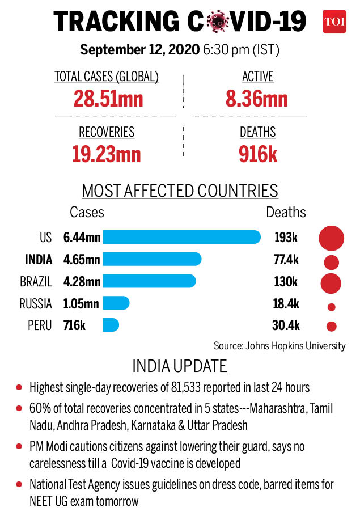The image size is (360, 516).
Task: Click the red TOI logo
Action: coord(334,22)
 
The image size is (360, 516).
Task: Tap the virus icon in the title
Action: coord(217,22)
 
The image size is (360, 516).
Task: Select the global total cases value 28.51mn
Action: coord(108,99)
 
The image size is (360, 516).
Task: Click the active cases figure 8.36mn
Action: coord(256,99)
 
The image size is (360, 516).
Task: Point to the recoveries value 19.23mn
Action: coord(106,154)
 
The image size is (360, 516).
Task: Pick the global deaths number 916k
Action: coord(258,154)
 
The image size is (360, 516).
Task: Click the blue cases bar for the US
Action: coord(181,237)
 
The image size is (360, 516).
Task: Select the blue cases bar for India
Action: coord(152,259)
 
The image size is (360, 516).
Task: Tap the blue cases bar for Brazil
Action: coord(149,281)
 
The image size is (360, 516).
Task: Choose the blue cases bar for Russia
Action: coord(116,303)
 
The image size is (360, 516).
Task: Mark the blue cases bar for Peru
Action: coord(111,325)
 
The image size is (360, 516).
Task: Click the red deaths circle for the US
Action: coord(332,238)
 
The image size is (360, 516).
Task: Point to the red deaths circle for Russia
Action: coord(332,307)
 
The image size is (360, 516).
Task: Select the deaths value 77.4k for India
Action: coord(286,260)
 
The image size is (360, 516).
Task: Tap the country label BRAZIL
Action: coord(36,282)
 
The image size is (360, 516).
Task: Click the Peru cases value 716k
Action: coord(74,325)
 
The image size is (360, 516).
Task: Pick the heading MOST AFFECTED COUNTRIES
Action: coord(180,191)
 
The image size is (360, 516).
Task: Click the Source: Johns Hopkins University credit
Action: coord(279,345)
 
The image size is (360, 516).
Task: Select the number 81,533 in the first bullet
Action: coord(185,387)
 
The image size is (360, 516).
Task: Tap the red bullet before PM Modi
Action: coord(19,447)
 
